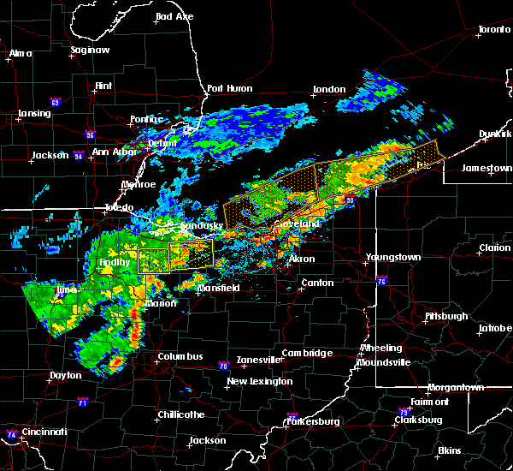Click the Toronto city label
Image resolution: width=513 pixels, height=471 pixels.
click(x=494, y=30)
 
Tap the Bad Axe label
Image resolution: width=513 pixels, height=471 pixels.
click(x=174, y=17)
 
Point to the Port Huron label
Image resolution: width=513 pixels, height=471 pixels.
click(x=227, y=88)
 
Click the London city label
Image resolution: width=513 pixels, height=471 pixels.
click(x=329, y=90)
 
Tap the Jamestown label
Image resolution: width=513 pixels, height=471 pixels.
click(x=486, y=169)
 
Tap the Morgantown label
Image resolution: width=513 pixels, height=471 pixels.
click(x=457, y=388)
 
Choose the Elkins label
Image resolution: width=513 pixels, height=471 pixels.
click(x=449, y=450)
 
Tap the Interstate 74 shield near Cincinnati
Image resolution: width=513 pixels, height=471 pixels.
click(x=10, y=434)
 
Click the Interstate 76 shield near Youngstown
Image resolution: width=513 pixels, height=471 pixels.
click(x=381, y=280)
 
